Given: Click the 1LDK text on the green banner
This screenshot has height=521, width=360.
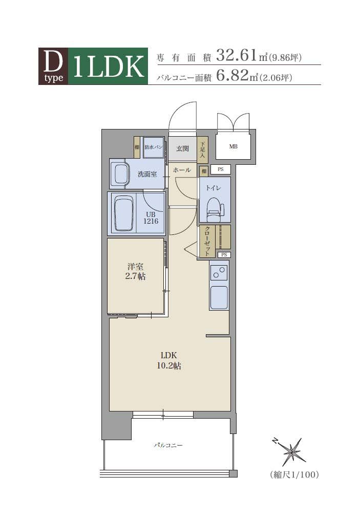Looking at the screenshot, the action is pyautogui.click(x=109, y=67).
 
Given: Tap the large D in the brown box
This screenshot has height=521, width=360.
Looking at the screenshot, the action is pyautogui.click(x=53, y=62).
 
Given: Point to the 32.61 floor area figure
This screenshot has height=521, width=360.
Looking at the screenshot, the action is pyautogui.click(x=237, y=55).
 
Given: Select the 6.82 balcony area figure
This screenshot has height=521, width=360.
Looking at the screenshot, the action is pyautogui.click(x=232, y=75).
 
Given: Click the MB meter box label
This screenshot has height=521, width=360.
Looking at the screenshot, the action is pyautogui.click(x=234, y=146).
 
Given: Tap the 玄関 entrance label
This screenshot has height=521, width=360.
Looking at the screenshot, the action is pyautogui.click(x=182, y=148).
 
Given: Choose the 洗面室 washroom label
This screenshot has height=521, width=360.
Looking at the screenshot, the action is pyautogui.click(x=147, y=174).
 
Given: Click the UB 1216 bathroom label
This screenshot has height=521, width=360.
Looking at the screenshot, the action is pyautogui.click(x=151, y=218).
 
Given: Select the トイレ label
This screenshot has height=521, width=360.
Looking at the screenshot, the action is pyautogui.click(x=213, y=188).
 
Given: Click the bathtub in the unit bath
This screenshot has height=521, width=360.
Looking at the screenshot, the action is pyautogui.click(x=124, y=213).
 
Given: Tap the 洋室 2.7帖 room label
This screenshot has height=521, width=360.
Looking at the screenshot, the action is pyautogui.click(x=135, y=271).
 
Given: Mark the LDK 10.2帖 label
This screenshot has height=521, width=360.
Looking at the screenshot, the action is pyautogui.click(x=169, y=360).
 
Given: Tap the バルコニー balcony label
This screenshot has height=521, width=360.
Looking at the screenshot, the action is pyautogui.click(x=168, y=445).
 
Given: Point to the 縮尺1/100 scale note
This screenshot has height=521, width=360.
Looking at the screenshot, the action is pyautogui.click(x=294, y=475).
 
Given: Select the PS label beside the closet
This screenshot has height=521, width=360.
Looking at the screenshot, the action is pyautogui.click(x=224, y=255).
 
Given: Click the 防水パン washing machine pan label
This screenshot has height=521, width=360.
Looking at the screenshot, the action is pyautogui.click(x=154, y=147).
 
